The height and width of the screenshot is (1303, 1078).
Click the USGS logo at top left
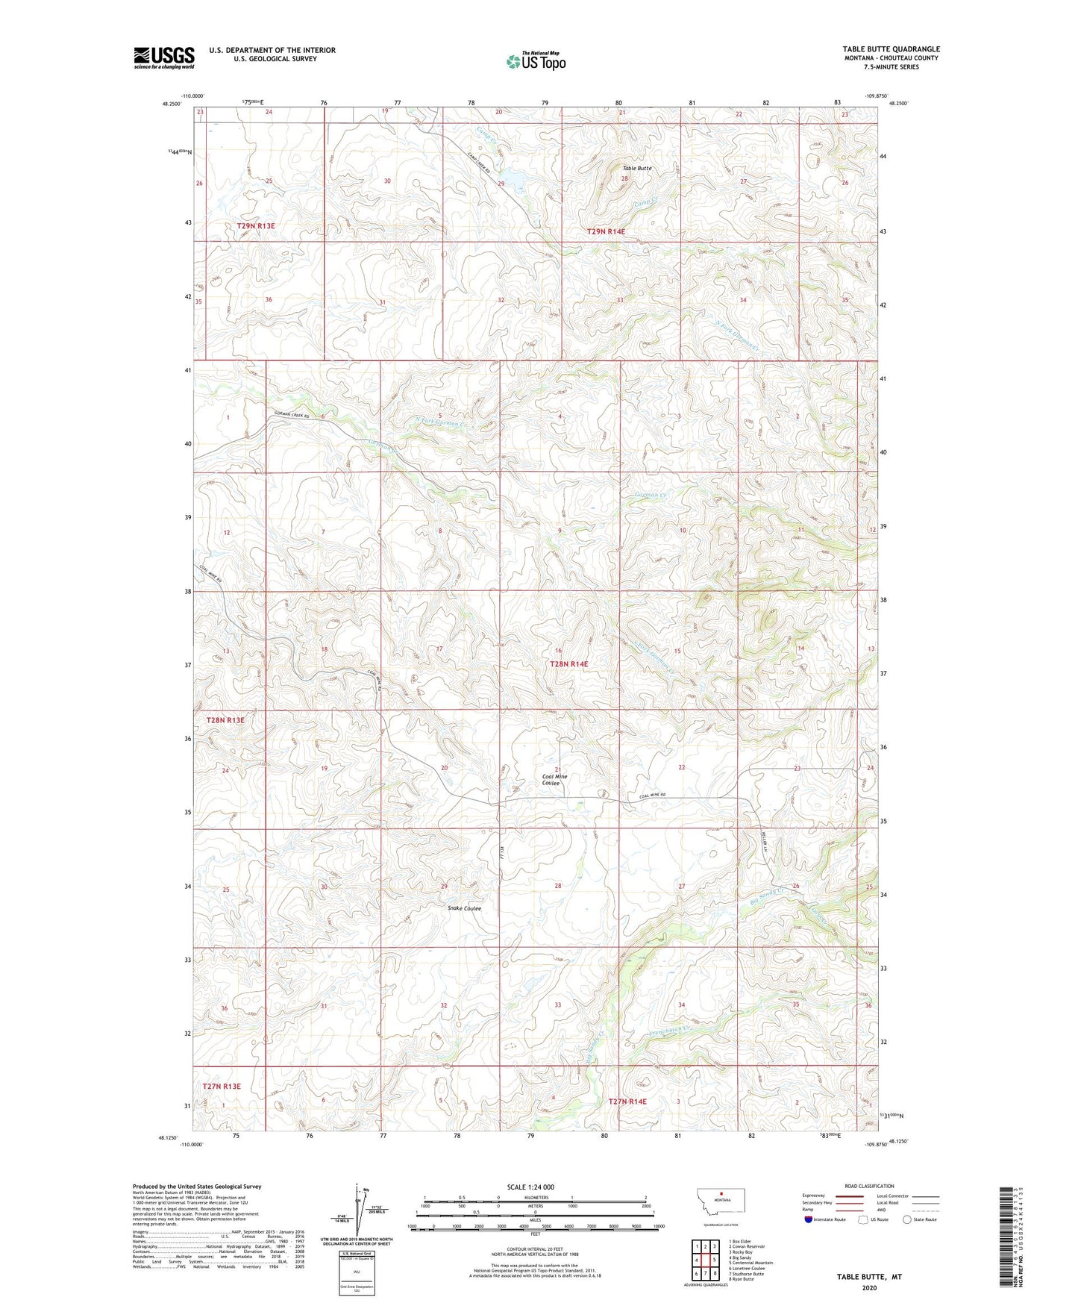pyautogui.click(x=164, y=57)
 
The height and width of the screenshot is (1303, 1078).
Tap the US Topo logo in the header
pyautogui.click(x=536, y=61)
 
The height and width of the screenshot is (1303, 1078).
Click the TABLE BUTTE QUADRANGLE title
pyautogui.click(x=891, y=49)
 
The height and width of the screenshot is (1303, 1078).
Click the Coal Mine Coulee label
pyautogui.click(x=554, y=780)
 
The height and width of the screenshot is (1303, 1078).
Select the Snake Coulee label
pyautogui.click(x=464, y=908)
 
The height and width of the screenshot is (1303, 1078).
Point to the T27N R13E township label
pyautogui.click(x=222, y=1086)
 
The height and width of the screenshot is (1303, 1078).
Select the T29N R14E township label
pyautogui.click(x=605, y=231)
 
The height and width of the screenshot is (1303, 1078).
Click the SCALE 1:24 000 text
pyautogui.click(x=530, y=1187)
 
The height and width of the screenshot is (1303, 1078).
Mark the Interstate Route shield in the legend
pyautogui.click(x=809, y=1219)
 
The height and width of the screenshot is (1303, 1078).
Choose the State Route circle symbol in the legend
pyautogui.click(x=906, y=1219)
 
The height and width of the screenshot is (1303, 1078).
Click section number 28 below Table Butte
pyautogui.click(x=624, y=179)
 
